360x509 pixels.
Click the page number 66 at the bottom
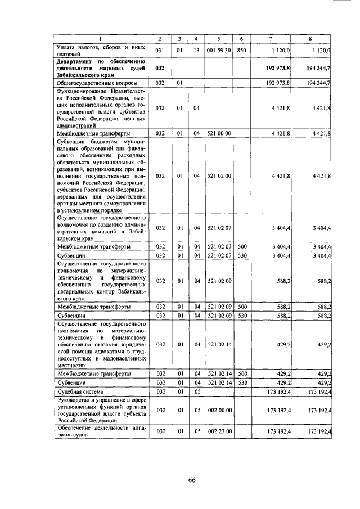191,480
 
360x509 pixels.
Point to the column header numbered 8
310,38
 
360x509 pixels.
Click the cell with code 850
241,50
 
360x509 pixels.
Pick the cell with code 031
160,50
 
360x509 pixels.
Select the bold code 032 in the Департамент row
160,67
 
